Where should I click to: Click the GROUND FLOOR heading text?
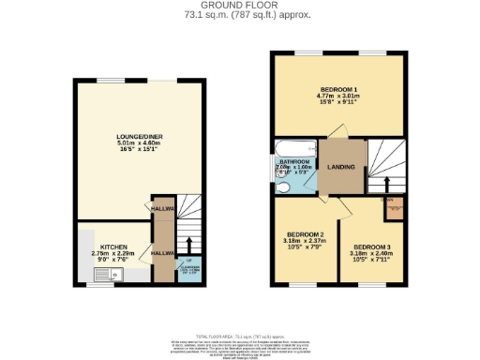coord(239,6)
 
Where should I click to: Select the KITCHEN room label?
coord(101,247)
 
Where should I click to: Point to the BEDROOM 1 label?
coord(338,87)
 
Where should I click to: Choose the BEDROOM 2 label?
coord(305,233)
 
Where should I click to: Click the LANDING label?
coord(343,168)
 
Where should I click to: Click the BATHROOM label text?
coord(297,162)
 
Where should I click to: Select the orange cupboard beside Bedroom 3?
coord(395,207)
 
